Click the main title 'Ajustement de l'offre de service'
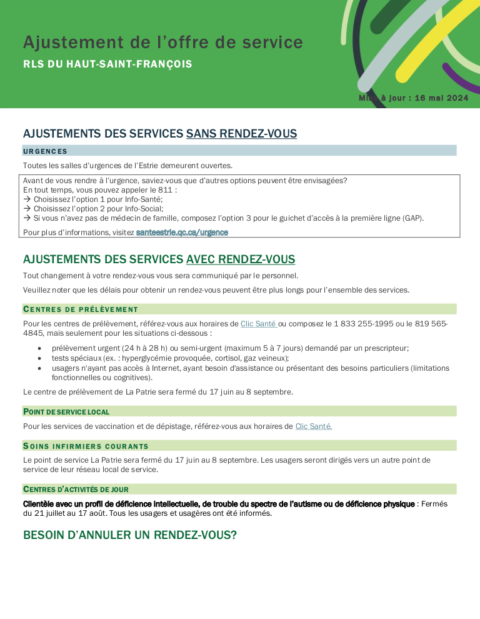pyautogui.click(x=162, y=43)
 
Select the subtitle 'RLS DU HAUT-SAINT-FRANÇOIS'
pyautogui.click(x=107, y=64)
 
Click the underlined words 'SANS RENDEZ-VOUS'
pyautogui.click(x=241, y=134)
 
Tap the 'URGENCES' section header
pyautogui.click(x=45, y=151)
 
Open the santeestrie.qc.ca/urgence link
pyautogui.click(x=182, y=232)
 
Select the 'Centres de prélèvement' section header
pyautogui.click(x=81, y=309)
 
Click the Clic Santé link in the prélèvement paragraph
pyautogui.click(x=258, y=324)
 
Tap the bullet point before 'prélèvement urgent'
pyautogui.click(x=39, y=348)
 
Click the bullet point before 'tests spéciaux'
pyautogui.click(x=39, y=358)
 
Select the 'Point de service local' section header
pyautogui.click(x=66, y=411)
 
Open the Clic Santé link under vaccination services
pyautogui.click(x=313, y=426)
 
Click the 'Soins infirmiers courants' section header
pyautogui.click(x=86, y=446)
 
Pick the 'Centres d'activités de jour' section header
pyautogui.click(x=76, y=489)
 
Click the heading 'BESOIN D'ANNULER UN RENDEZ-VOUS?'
pyautogui.click(x=130, y=535)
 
